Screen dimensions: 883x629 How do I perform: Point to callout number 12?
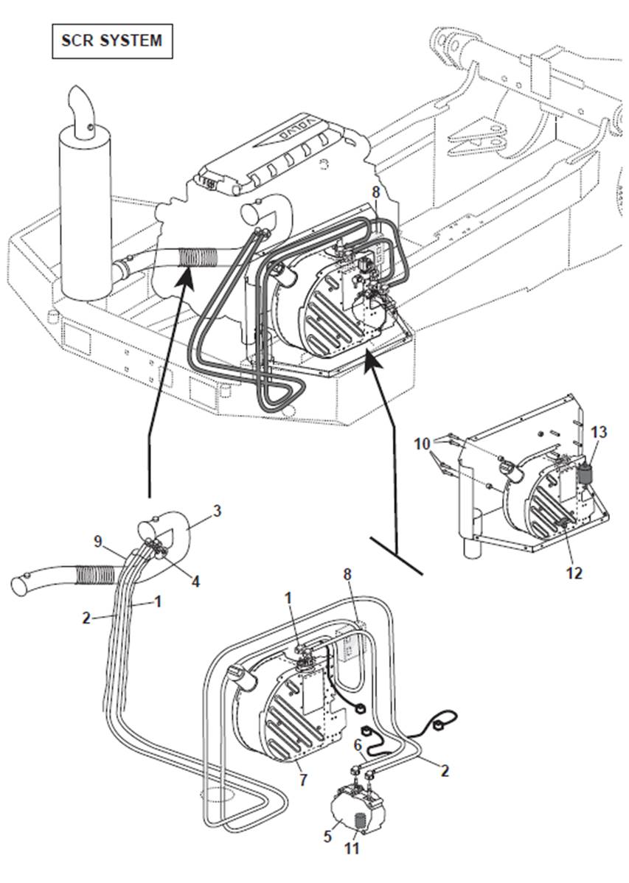[574, 571]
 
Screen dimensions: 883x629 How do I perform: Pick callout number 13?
[599, 433]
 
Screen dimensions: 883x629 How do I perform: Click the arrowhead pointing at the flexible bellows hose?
[185, 276]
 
